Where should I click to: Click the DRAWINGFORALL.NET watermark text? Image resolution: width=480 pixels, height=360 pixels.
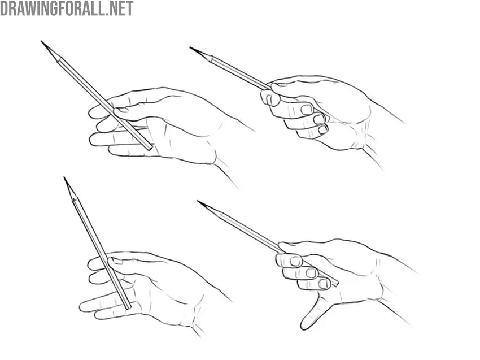pyautogui.click(x=67, y=8)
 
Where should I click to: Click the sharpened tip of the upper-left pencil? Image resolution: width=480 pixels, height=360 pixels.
pyautogui.click(x=42, y=42)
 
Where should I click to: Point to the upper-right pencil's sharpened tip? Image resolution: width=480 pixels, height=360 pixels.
pyautogui.click(x=191, y=47)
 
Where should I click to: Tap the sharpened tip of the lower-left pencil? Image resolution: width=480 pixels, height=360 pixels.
pyautogui.click(x=65, y=178)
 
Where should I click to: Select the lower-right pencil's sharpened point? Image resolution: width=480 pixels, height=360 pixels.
pyautogui.click(x=198, y=201)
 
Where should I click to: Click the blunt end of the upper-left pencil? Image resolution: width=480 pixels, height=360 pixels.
pyautogui.click(x=150, y=148)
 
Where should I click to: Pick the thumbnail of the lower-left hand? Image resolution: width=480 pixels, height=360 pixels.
pyautogui.click(x=116, y=261)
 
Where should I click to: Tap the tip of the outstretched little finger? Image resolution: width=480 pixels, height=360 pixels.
pyautogui.click(x=304, y=326)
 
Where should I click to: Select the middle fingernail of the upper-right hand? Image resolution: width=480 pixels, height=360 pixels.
pyautogui.click(x=306, y=109)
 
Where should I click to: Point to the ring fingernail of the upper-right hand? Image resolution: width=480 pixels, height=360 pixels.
pyautogui.click(x=319, y=119)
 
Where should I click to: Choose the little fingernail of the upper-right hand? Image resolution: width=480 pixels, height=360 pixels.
pyautogui.click(x=322, y=129)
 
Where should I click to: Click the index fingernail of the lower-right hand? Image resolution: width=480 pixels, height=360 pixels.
pyautogui.click(x=295, y=261)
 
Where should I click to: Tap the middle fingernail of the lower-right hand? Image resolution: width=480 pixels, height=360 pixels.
pyautogui.click(x=311, y=273)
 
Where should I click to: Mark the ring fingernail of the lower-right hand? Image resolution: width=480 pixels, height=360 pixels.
pyautogui.click(x=323, y=283)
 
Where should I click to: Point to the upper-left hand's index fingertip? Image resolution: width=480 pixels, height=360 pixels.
pyautogui.click(x=92, y=114)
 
